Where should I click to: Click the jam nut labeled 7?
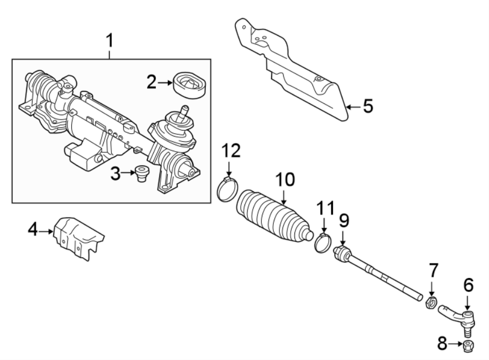[430, 302]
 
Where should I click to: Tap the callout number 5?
[368, 106]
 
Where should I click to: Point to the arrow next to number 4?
[48, 231]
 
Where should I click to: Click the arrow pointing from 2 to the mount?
[164, 83]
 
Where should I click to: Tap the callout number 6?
[468, 284]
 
